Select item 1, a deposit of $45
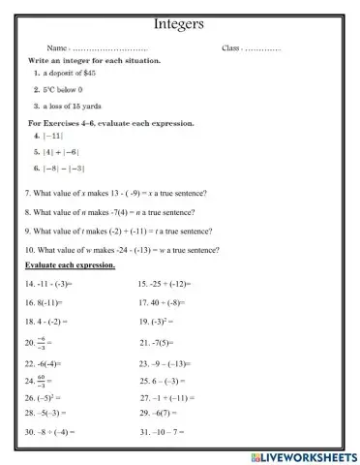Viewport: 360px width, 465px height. [x=66, y=73]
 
